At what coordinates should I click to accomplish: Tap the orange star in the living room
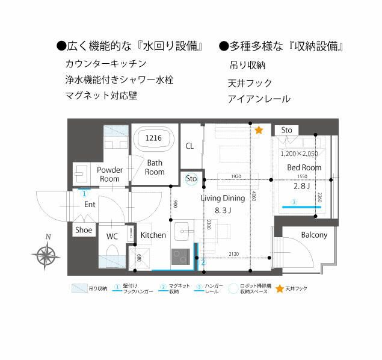(x=259, y=129)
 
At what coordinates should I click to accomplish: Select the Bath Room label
(x=155, y=167)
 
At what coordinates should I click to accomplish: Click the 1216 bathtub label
(x=154, y=138)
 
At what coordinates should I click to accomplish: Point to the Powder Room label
(x=109, y=174)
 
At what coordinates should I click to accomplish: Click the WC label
(x=112, y=236)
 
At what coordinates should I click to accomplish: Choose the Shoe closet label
(x=84, y=230)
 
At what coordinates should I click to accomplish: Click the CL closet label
(x=189, y=146)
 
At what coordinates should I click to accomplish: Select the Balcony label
(x=314, y=235)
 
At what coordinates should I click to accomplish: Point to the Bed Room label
(x=304, y=167)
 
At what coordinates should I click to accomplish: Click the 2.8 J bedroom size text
(x=301, y=185)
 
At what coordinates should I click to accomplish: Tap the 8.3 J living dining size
(x=223, y=211)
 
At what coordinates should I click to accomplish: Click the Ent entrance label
(x=90, y=205)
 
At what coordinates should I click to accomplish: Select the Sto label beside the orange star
(x=287, y=130)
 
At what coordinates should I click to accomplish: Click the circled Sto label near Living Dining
(x=191, y=179)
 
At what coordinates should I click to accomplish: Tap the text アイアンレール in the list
(x=259, y=99)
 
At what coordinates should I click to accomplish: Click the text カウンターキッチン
(x=105, y=64)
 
